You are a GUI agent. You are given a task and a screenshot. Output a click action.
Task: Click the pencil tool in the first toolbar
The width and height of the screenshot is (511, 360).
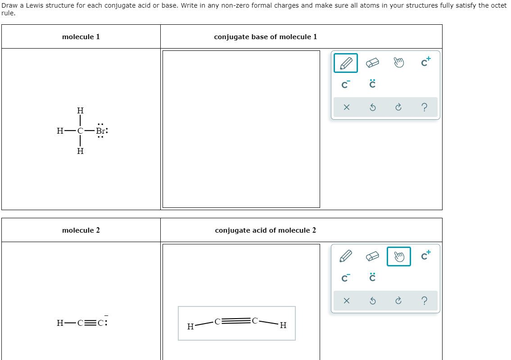click(x=346, y=63)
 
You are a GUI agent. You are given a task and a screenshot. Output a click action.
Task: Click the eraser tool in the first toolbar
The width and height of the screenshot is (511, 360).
click(x=372, y=63)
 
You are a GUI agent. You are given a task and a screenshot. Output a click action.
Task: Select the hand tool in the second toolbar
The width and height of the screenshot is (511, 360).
click(x=398, y=256)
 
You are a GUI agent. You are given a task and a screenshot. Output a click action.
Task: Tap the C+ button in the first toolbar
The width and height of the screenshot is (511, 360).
click(x=425, y=63)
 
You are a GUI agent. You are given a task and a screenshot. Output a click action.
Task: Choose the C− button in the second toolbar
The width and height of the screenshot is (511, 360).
click(x=346, y=278)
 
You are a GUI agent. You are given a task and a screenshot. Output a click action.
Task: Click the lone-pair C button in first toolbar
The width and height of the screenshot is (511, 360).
click(x=372, y=84)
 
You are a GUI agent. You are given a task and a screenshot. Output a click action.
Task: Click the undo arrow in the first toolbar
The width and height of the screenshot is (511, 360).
click(x=372, y=108)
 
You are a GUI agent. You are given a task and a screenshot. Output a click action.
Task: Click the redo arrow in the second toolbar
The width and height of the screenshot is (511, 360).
click(x=398, y=301)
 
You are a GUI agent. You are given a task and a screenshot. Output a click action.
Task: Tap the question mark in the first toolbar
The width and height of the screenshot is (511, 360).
click(x=425, y=108)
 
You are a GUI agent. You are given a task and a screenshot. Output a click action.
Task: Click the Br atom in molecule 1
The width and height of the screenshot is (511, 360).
click(x=101, y=131)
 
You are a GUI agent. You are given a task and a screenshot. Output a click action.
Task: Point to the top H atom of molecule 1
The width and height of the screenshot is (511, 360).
click(x=80, y=111)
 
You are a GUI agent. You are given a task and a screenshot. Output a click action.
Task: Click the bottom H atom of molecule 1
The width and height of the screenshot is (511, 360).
click(x=80, y=152)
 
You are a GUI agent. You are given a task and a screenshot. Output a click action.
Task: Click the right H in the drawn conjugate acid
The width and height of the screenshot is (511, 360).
click(x=282, y=326)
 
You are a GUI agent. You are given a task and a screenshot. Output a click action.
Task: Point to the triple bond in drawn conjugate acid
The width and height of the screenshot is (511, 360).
click(x=236, y=321)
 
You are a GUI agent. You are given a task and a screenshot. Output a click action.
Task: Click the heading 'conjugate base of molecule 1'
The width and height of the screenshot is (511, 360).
click(x=265, y=37)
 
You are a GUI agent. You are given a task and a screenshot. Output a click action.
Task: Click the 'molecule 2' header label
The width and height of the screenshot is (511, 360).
click(x=81, y=230)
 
